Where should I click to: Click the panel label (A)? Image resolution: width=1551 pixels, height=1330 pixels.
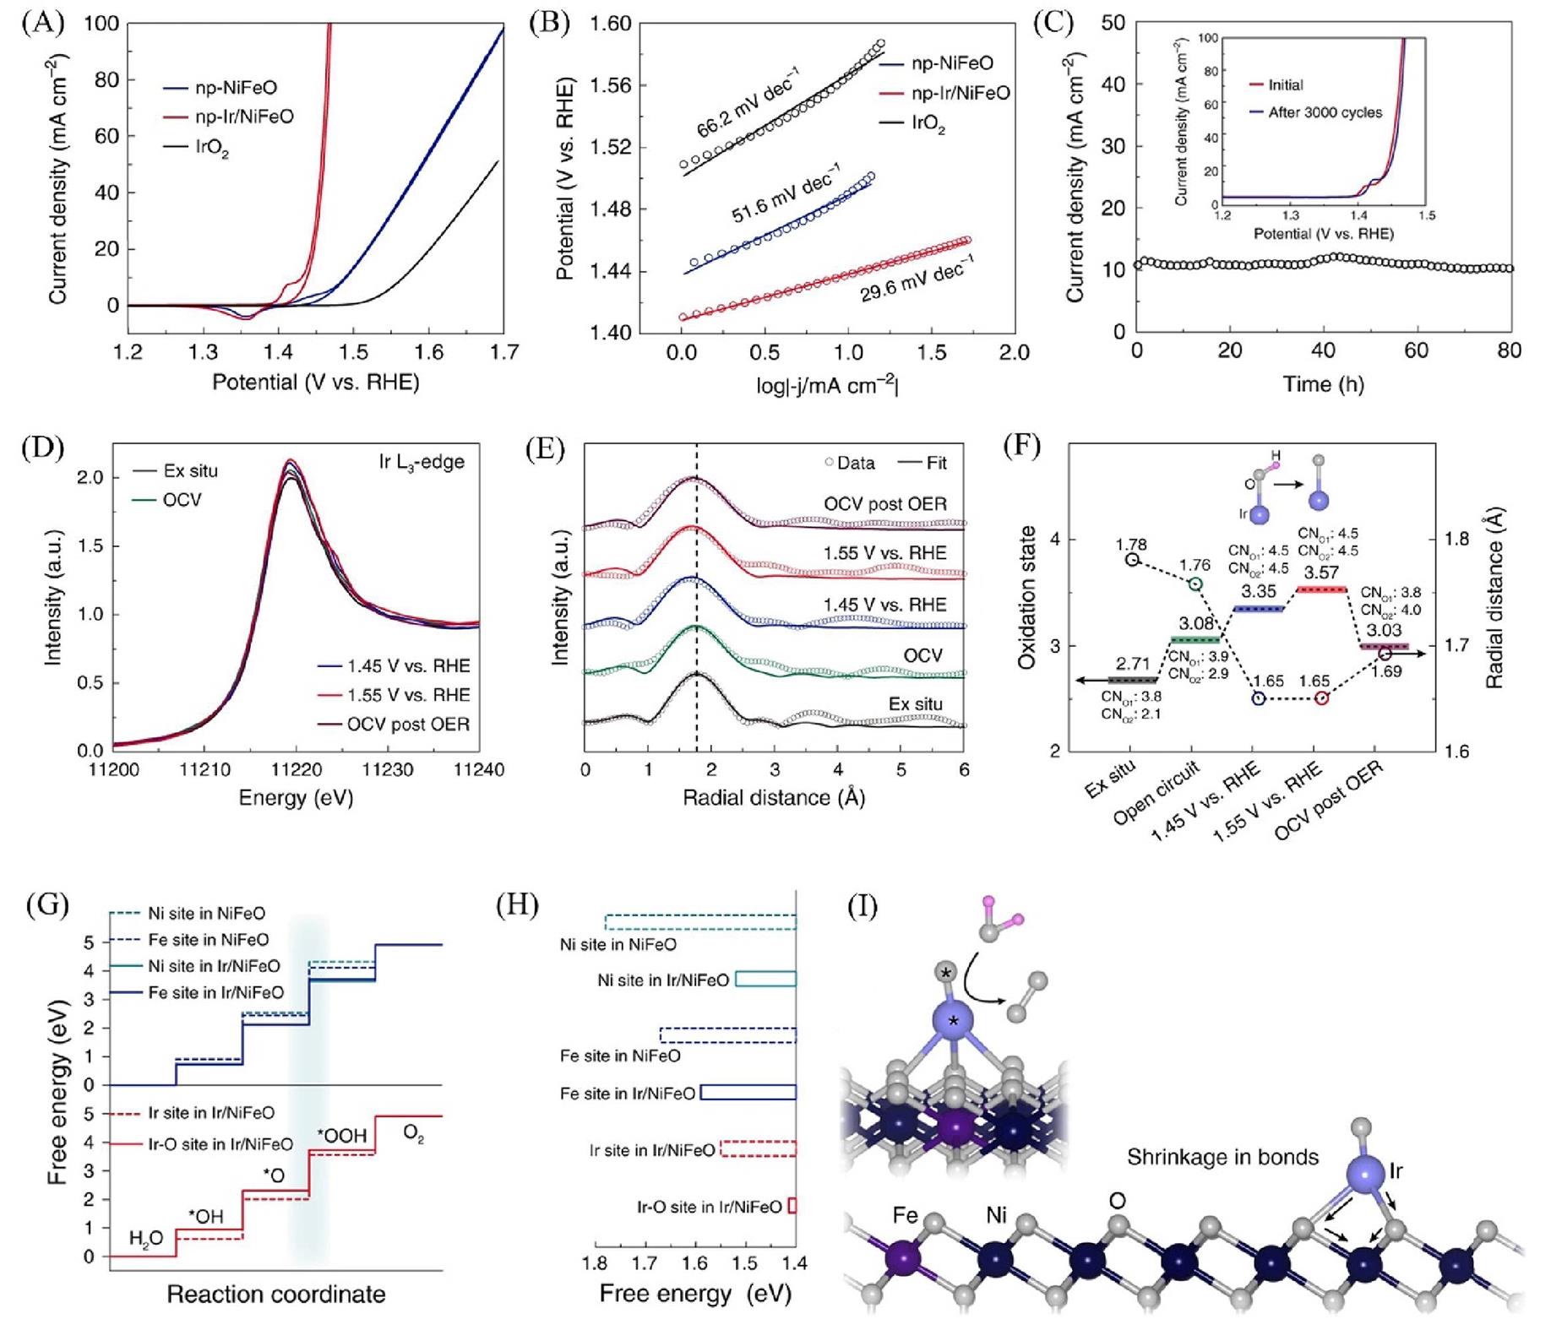[x=42, y=23]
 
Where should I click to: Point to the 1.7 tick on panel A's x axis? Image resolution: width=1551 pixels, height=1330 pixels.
[x=503, y=351]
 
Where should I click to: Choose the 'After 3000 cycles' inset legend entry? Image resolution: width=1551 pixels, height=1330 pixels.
[x=1325, y=112]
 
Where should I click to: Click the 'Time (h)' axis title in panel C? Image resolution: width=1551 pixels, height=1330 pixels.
[x=1323, y=384]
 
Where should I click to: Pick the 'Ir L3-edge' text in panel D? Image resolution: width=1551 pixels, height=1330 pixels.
[x=422, y=463]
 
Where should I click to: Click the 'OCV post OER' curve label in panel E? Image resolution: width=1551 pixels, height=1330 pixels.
[x=884, y=504]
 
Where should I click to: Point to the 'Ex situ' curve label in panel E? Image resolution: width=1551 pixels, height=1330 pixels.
[x=915, y=703]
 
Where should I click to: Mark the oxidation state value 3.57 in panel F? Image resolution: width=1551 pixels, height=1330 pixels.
[x=1321, y=573]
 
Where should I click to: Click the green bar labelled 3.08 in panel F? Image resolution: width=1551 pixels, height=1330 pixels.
[x=1195, y=640]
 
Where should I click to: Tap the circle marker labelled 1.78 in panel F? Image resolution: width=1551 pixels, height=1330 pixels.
[x=1132, y=559]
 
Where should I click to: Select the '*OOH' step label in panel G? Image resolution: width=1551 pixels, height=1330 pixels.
[x=341, y=1136]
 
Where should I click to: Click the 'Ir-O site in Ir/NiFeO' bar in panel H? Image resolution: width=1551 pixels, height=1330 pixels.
[x=792, y=1206]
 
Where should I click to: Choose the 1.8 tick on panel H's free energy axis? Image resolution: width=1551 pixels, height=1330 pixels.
[x=595, y=1263]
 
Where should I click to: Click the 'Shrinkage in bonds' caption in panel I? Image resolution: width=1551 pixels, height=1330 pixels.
[x=1222, y=1157]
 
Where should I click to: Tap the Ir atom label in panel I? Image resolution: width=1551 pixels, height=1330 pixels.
[x=1396, y=1170]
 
